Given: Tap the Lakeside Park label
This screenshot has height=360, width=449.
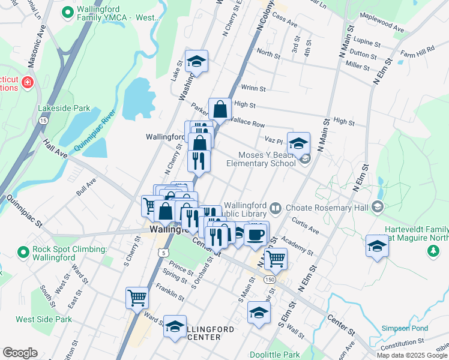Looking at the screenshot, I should (x=64, y=109).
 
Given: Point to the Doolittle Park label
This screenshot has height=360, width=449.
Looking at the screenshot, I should (x=275, y=355).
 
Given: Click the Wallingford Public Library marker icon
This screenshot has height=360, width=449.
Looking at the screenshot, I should (x=276, y=208).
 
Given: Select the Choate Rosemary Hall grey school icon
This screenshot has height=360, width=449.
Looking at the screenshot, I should (x=378, y=208).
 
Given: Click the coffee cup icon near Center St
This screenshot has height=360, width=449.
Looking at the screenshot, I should (x=256, y=233).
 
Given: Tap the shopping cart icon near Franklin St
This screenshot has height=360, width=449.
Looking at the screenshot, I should (x=137, y=297).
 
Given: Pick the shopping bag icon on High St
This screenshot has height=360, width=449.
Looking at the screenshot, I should (x=220, y=109).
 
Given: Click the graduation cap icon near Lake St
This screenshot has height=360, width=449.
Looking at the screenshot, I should (x=196, y=61).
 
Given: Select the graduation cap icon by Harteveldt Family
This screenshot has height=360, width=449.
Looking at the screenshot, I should (x=377, y=246).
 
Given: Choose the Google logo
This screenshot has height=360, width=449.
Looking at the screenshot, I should (x=20, y=353).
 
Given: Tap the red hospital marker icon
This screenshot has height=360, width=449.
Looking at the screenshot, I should (x=27, y=82).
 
